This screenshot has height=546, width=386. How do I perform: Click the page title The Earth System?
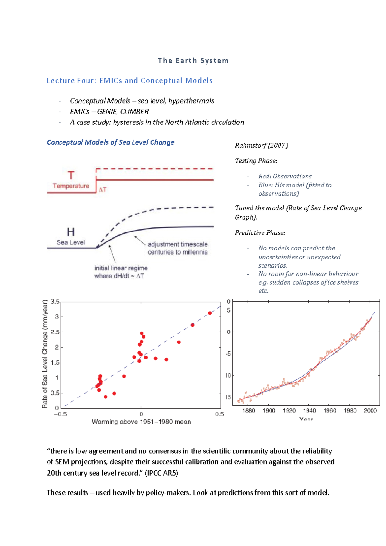point(193,61)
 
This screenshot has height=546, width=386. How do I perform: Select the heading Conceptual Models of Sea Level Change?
point(110,142)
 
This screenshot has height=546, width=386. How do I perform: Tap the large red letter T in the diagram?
point(71,176)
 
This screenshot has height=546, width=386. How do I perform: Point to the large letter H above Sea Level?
point(70,232)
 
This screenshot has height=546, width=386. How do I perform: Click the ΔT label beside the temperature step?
point(102,190)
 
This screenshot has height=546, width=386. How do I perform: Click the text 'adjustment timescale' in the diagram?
point(178,244)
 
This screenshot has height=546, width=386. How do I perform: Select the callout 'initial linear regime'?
point(121,268)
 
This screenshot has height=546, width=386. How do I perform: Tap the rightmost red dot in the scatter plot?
point(210,313)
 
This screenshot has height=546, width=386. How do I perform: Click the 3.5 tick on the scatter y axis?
point(55,302)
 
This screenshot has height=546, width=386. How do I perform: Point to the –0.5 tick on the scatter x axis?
point(60,414)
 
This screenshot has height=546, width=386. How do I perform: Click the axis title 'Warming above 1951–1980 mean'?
point(141,422)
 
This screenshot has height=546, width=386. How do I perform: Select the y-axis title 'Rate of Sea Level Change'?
point(45,354)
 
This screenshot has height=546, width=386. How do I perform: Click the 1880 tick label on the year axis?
point(249,411)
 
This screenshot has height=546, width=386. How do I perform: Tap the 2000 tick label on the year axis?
point(370,411)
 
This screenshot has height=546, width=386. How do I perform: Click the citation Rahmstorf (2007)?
point(261,146)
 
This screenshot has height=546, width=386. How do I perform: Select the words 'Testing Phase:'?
point(256,161)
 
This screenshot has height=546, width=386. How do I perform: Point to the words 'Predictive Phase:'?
point(260,233)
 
